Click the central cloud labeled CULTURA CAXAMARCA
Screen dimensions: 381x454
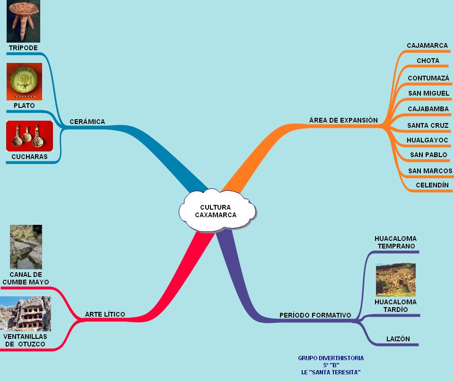pyautogui.click(x=217, y=211)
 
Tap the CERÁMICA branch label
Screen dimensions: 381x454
pyautogui.click(x=87, y=122)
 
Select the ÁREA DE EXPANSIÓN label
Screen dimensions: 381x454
pyautogui.click(x=343, y=120)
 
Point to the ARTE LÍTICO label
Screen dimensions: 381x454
pyautogui.click(x=105, y=314)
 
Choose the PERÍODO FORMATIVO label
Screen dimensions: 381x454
pyautogui.click(x=315, y=315)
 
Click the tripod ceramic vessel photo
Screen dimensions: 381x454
pyautogui.click(x=23, y=21)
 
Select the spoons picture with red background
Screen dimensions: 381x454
pyautogui.click(x=29, y=136)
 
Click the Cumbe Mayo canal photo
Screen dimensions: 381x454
pyautogui.click(x=26, y=247)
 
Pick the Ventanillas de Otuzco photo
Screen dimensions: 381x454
pyautogui.click(x=25, y=314)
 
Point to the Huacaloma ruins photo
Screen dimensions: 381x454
pyautogui.click(x=395, y=280)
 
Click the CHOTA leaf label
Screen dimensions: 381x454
pyautogui.click(x=428, y=61)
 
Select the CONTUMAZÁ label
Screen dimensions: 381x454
pyautogui.click(x=428, y=78)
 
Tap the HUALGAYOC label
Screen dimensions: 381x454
pyautogui.click(x=428, y=140)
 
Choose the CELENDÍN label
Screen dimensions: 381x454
pyautogui.click(x=432, y=185)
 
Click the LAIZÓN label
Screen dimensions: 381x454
pyautogui.click(x=398, y=339)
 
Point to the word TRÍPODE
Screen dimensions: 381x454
pyautogui.click(x=23, y=48)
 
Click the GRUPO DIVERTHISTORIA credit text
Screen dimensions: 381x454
pyautogui.click(x=331, y=358)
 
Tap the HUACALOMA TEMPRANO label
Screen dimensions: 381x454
pyautogui.click(x=395, y=242)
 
